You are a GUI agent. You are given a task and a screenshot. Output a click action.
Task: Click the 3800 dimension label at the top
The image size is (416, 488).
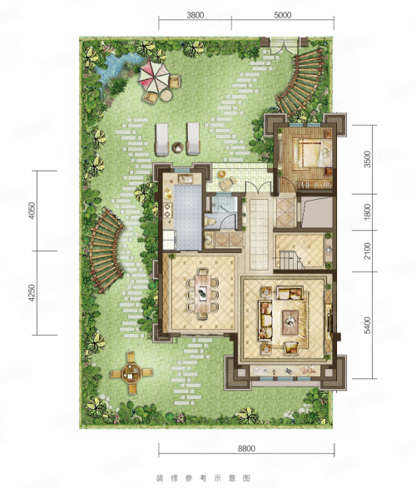tap(196, 15)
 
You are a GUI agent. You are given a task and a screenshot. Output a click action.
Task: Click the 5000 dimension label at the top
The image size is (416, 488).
tap(283, 15)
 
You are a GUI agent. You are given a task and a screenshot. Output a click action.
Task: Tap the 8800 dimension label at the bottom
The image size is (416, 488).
tap(246, 449)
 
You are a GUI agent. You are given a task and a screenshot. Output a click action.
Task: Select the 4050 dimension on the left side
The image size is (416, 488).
tap(32, 211)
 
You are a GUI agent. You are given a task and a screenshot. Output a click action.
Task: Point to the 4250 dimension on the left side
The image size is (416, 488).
tap(32, 293)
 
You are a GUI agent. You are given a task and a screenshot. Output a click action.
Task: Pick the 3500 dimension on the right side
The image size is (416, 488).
tap(368, 159)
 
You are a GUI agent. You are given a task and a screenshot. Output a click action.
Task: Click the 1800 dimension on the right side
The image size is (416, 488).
tap(368, 212)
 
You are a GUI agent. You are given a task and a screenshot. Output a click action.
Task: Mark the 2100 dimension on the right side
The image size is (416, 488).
tap(368, 251)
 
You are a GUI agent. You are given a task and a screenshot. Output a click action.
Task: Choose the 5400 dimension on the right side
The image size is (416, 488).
tap(368, 326)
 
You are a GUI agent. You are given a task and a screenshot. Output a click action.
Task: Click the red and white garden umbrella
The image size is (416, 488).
tap(155, 76)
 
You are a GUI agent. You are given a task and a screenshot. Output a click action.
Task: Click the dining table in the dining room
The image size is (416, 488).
tap(203, 293)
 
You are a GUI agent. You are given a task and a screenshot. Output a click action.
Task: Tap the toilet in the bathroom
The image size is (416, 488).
tap(210, 221)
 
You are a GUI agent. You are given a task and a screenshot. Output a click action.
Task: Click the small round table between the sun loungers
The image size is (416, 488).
tap(177, 147)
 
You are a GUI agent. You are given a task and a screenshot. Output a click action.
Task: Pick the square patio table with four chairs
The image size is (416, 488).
tap(131, 372)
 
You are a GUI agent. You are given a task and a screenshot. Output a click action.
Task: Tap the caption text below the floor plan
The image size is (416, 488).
tap(204, 478)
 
